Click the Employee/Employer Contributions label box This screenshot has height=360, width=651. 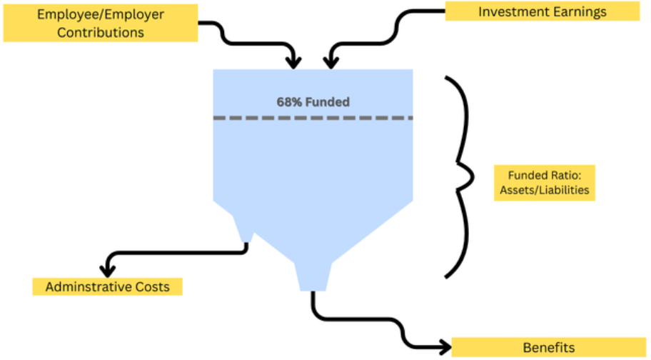point(100,24)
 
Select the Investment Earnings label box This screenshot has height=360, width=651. point(542,11)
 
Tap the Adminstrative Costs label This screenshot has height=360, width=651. point(107,286)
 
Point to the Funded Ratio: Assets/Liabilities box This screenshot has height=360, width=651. point(545,184)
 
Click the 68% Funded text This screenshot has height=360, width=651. point(313,102)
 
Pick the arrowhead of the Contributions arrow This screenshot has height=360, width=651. point(293,63)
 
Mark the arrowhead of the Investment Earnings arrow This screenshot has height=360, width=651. point(330,63)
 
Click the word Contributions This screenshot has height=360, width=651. point(100,32)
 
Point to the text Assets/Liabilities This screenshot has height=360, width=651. point(545,191)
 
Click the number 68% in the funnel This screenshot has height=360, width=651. point(289,102)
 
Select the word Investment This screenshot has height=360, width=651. point(509,11)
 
